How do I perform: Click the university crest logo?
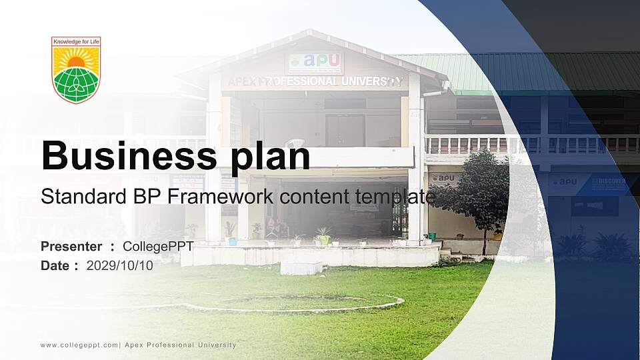tap(76, 71)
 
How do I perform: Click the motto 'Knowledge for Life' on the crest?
tap(76, 42)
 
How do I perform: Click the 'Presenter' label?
tap(71, 247)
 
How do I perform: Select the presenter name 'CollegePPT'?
tap(159, 247)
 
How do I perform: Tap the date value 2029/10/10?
tap(119, 265)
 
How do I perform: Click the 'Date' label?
tap(55, 265)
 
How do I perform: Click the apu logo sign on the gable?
tap(314, 63)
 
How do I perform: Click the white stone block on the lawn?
tap(301, 267)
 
